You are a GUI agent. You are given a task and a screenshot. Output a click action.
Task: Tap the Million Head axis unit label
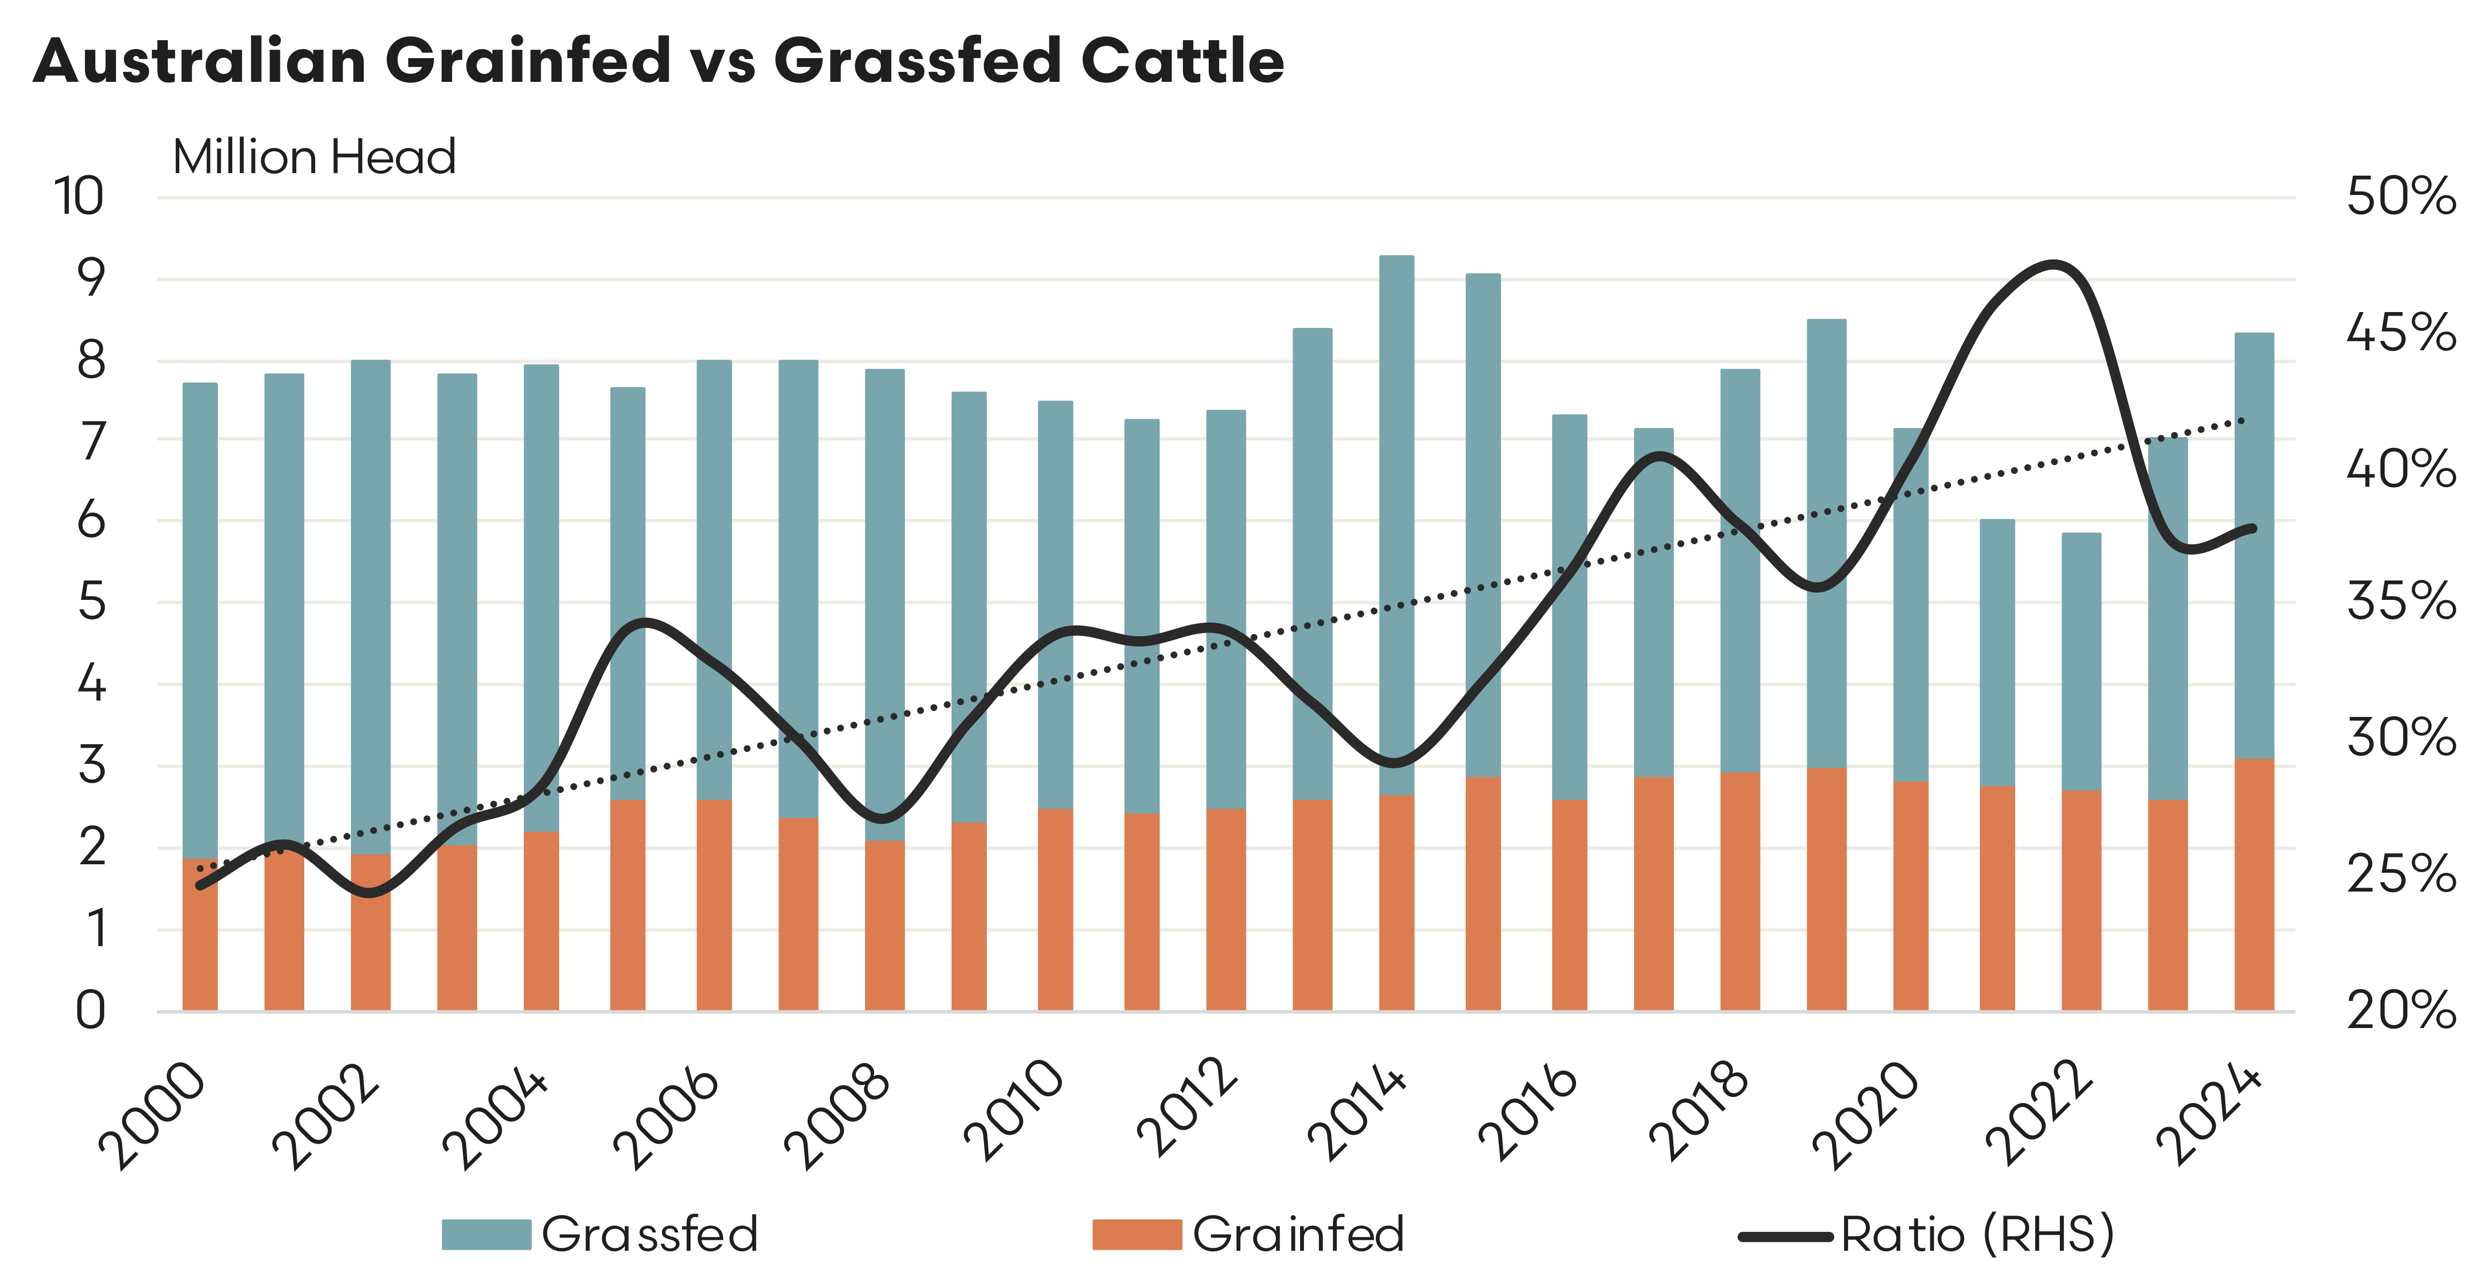point(314,157)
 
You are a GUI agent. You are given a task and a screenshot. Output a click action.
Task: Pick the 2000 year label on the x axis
point(153,1115)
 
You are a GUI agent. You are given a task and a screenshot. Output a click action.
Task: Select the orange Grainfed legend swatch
point(1136,1234)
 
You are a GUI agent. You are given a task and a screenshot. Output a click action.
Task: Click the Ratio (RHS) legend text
point(1977,1234)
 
